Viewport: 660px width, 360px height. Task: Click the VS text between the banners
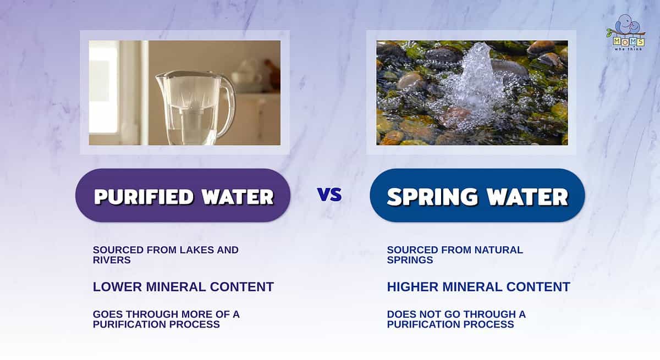coord(329,194)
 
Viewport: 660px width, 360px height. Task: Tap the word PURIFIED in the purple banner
coord(144,197)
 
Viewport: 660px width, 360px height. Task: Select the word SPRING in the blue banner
coord(432,197)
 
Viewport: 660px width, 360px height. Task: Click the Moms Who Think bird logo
coord(626,32)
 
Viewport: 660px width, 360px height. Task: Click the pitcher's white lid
coord(188,74)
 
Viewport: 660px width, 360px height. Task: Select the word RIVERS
coord(112,260)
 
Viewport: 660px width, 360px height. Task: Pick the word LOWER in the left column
coord(117,287)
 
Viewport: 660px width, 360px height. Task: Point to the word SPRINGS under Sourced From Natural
coord(410,260)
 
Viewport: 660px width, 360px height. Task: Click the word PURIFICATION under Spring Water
coord(424,324)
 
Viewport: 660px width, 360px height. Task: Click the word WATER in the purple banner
coord(238,197)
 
